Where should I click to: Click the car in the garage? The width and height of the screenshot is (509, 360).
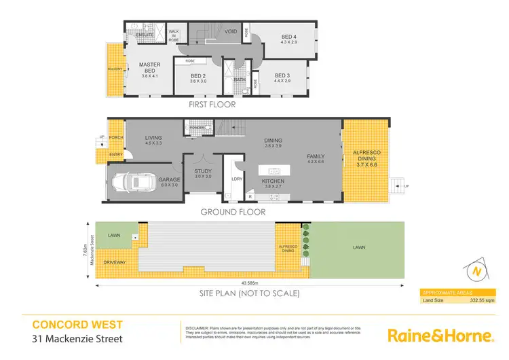(135, 182)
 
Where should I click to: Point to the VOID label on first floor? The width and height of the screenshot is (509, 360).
(231, 31)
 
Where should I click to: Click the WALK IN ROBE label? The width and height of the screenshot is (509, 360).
(174, 35)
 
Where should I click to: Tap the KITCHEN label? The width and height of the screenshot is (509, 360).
(274, 181)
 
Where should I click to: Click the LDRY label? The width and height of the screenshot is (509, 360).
(237, 179)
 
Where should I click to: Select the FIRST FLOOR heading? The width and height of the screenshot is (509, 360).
(212, 105)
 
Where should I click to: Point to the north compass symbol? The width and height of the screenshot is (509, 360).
(478, 271)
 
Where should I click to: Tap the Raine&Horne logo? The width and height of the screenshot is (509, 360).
(439, 336)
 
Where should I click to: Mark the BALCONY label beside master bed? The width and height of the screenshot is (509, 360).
(114, 69)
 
